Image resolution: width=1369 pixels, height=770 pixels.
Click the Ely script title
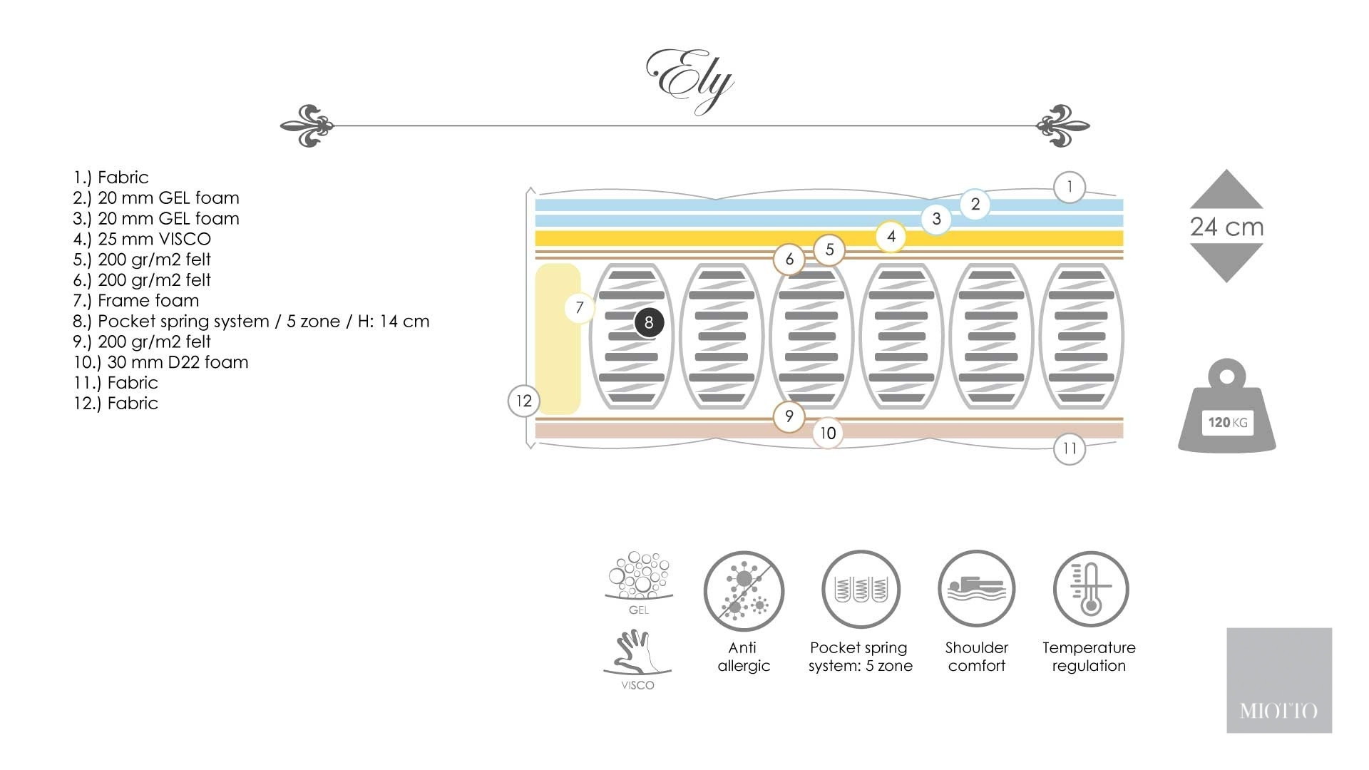[x=689, y=81]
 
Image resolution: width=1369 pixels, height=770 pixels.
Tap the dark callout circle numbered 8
[x=649, y=322]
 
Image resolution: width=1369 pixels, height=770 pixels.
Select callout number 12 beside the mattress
[x=524, y=401]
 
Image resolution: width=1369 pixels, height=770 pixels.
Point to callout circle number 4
[x=891, y=237]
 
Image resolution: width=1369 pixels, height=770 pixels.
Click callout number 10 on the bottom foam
[x=827, y=433]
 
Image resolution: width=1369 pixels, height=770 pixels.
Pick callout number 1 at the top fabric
[x=1069, y=188]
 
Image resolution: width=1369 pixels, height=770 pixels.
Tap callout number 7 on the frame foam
[x=579, y=308]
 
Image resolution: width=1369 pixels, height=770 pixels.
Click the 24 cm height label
[x=1226, y=227]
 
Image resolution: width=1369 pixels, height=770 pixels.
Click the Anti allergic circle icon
[x=744, y=590]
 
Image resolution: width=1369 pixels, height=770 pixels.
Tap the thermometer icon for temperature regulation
[x=1090, y=589]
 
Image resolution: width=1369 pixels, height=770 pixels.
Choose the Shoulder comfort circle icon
[x=976, y=589]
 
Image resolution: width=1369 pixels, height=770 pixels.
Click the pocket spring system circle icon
[x=861, y=589]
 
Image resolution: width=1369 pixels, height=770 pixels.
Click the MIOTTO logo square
[x=1279, y=680]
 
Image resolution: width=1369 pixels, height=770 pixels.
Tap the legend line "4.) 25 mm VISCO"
[x=142, y=239]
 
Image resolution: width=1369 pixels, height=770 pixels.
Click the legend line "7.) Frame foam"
[x=136, y=301]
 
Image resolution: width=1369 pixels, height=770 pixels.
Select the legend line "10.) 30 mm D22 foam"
[x=161, y=362]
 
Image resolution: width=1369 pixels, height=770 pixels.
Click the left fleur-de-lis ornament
[x=307, y=125]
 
